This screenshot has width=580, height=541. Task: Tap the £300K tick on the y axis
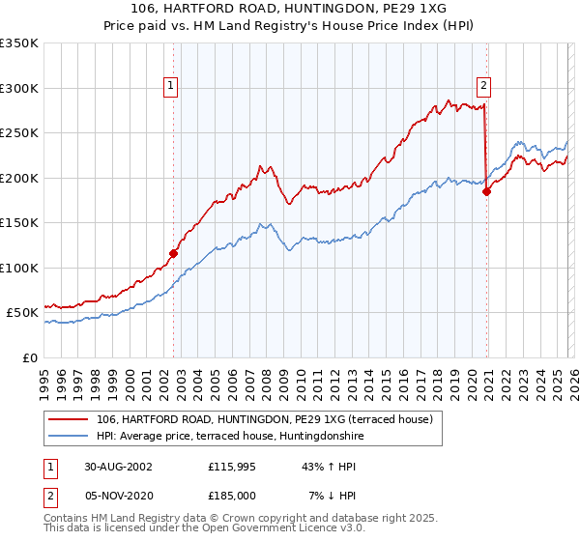(x=19, y=88)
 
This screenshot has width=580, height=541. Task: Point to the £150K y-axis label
(x=19, y=223)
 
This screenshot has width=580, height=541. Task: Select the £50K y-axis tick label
(x=22, y=313)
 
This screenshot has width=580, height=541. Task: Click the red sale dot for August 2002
(x=174, y=254)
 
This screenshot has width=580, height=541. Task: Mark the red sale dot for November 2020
(x=485, y=191)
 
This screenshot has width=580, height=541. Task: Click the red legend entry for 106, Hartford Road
(x=270, y=419)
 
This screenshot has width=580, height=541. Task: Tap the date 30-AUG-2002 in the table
(x=118, y=466)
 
